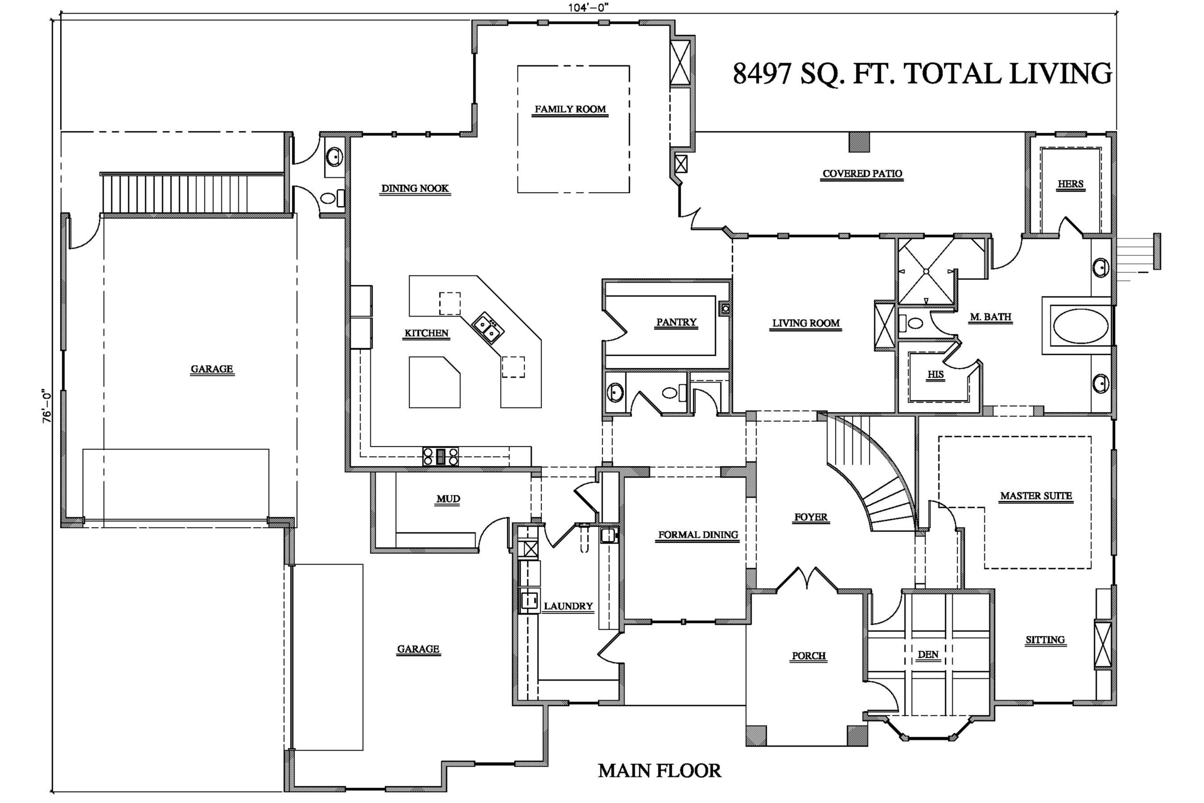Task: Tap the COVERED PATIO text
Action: click(x=862, y=174)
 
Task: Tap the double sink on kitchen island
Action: click(x=487, y=328)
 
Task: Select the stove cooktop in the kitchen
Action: click(x=440, y=456)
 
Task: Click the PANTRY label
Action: click(x=676, y=322)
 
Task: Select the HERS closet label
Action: click(x=1070, y=184)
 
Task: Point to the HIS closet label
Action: click(x=935, y=374)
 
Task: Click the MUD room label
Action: click(x=448, y=499)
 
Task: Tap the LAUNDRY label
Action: click(x=568, y=606)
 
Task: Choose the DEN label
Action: click(x=928, y=654)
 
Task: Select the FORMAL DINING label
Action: click(x=698, y=535)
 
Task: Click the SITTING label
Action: click(x=1045, y=640)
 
